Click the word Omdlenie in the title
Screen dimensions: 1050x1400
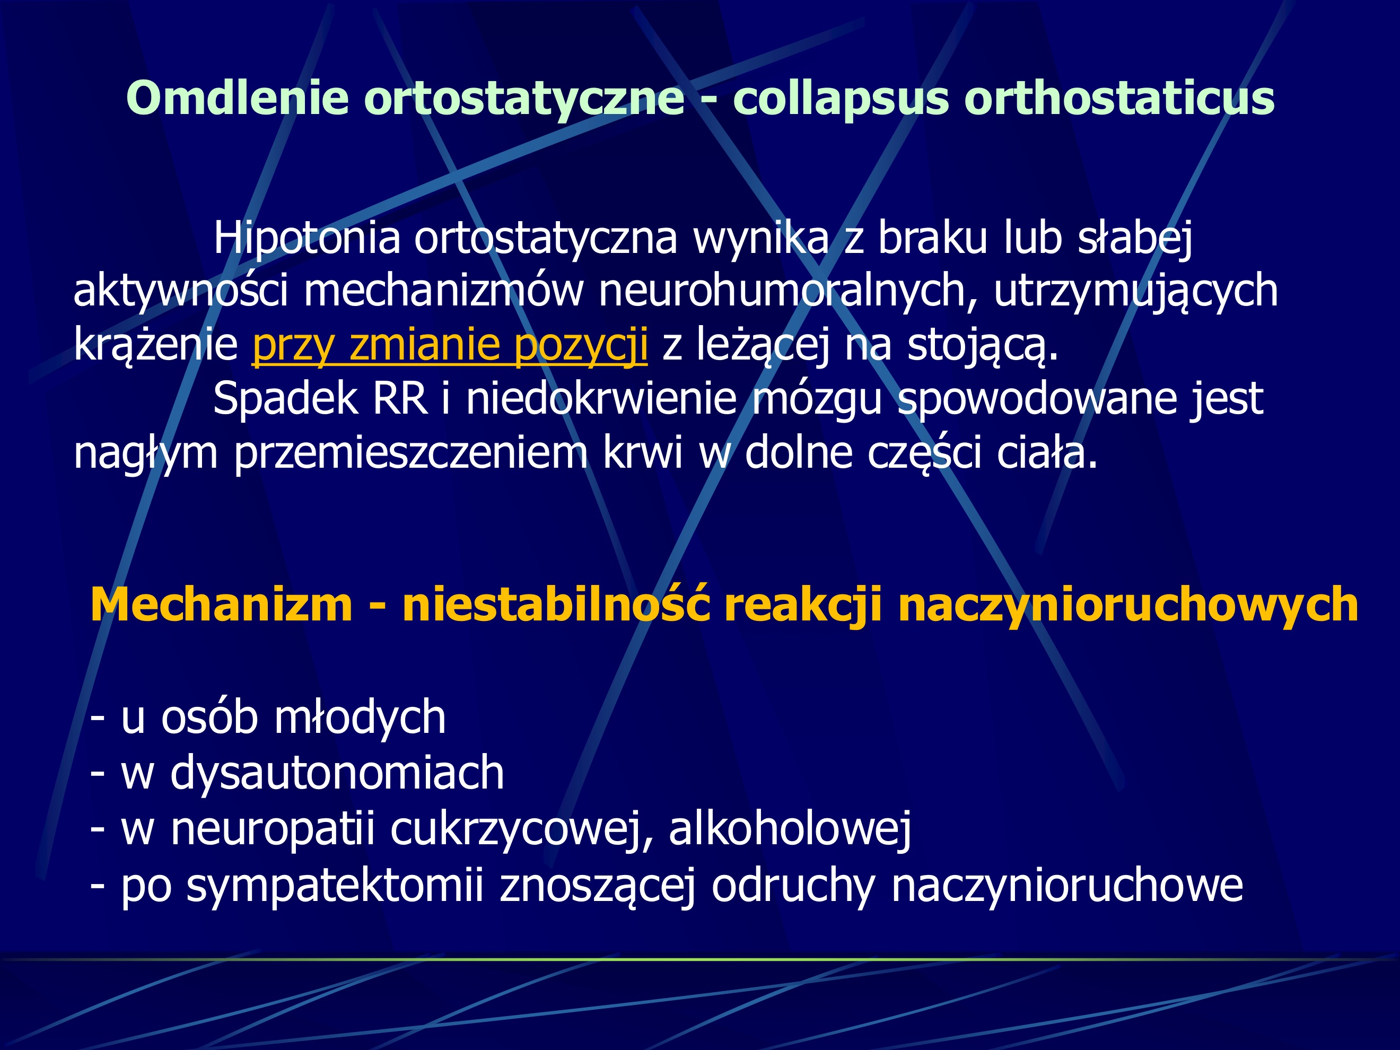pyautogui.click(x=238, y=98)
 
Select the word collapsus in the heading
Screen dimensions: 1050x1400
pyautogui.click(x=841, y=99)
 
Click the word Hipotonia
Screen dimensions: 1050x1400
pyautogui.click(x=307, y=238)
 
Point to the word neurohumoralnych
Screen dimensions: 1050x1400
pyautogui.click(x=782, y=291)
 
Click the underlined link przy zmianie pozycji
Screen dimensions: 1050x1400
pyautogui.click(x=449, y=345)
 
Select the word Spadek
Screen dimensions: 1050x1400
pyautogui.click(x=285, y=399)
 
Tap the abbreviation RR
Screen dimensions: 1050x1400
pyautogui.click(x=399, y=399)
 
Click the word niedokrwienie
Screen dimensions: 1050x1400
pyautogui.click(x=601, y=399)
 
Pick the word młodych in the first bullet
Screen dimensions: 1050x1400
pyautogui.click(x=360, y=717)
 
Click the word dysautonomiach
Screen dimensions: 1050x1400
pyautogui.click(x=337, y=773)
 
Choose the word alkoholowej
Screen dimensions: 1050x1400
pyautogui.click(x=790, y=828)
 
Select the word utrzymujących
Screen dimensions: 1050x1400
pyautogui.click(x=1135, y=291)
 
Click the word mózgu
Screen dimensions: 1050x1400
pyautogui.click(x=817, y=399)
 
